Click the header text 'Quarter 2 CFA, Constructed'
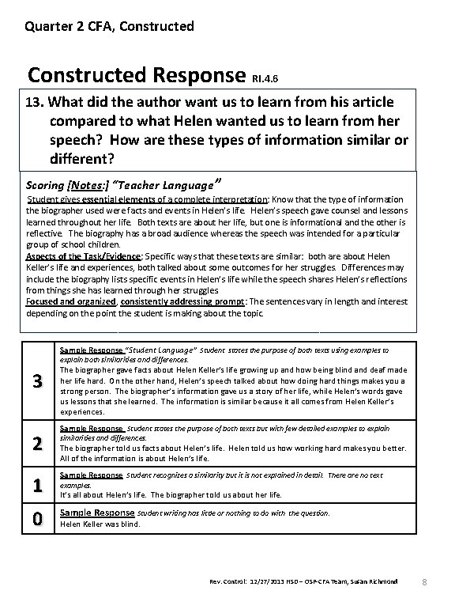coord(109,26)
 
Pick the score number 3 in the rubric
coord(36,382)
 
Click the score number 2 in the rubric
coord(36,443)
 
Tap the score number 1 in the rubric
coord(36,486)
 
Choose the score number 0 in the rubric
coord(36,518)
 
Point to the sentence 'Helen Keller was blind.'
coord(100,524)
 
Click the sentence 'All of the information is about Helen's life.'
coord(141,458)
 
